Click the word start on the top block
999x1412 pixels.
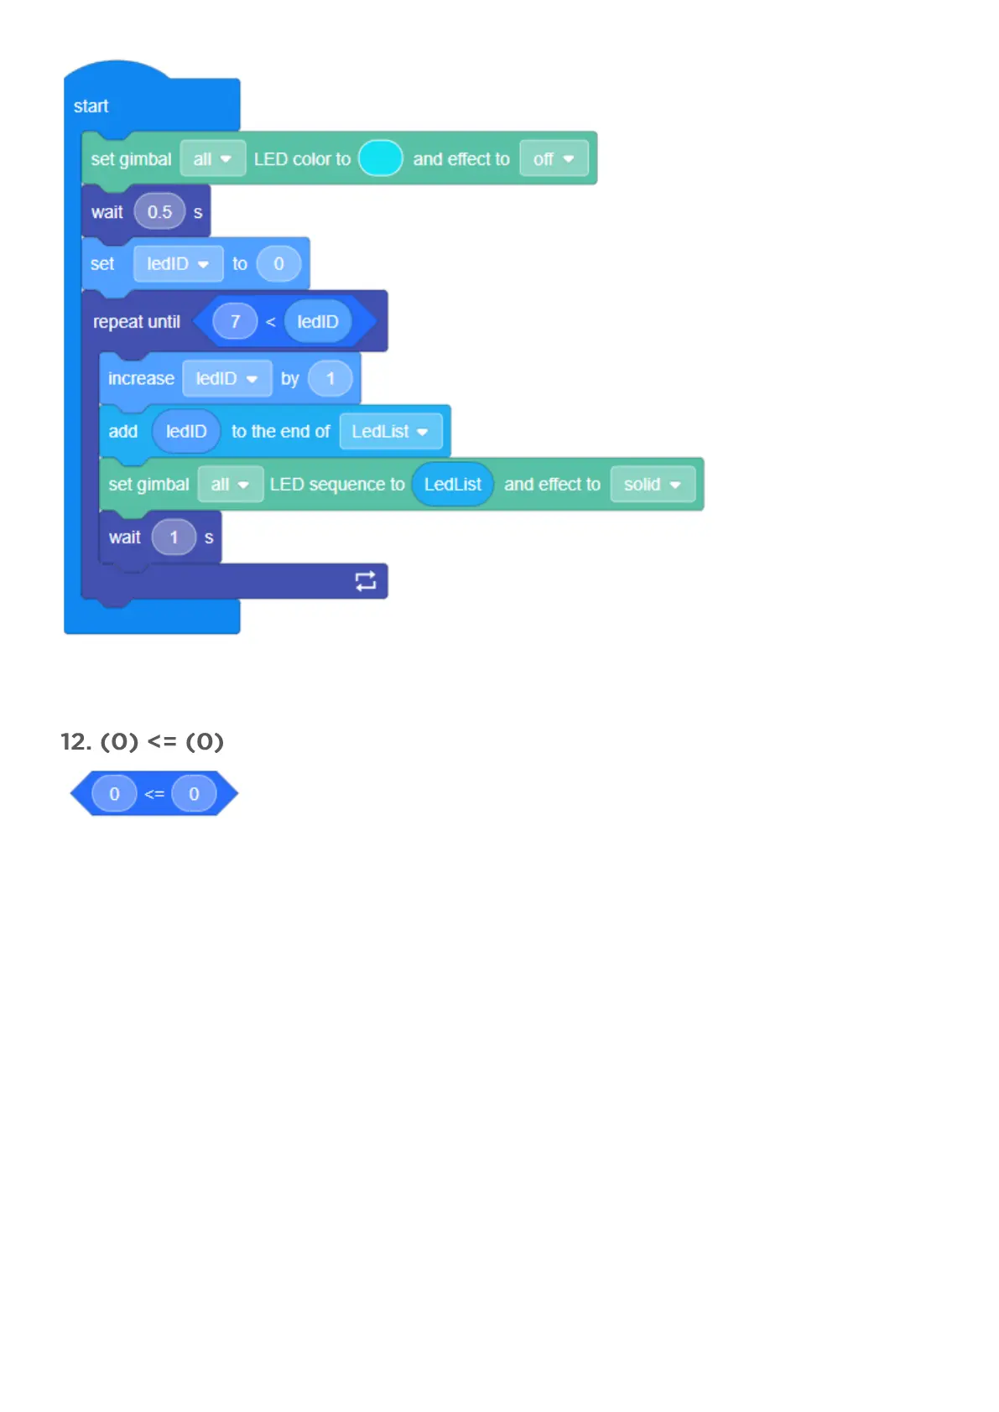click(91, 106)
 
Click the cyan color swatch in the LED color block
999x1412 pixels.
click(381, 158)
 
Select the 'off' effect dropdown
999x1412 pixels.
click(554, 158)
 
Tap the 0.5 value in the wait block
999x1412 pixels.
click(159, 212)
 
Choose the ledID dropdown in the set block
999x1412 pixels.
click(178, 264)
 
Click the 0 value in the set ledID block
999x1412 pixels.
click(278, 264)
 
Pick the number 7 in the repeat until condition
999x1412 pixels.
click(235, 322)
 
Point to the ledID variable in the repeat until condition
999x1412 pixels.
click(317, 322)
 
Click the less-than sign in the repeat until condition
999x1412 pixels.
click(270, 322)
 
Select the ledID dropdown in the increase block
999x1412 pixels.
click(226, 379)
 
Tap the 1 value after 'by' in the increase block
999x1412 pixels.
click(330, 379)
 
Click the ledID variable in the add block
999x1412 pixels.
click(186, 432)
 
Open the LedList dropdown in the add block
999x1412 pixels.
click(390, 432)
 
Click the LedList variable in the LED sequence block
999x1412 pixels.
click(452, 485)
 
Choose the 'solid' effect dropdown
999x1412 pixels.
click(652, 485)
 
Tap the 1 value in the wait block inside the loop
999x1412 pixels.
click(174, 537)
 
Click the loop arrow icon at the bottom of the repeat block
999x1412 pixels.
click(366, 581)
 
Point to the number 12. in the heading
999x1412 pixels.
click(75, 742)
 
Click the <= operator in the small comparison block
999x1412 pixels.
click(154, 794)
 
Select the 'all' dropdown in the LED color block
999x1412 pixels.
click(212, 158)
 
